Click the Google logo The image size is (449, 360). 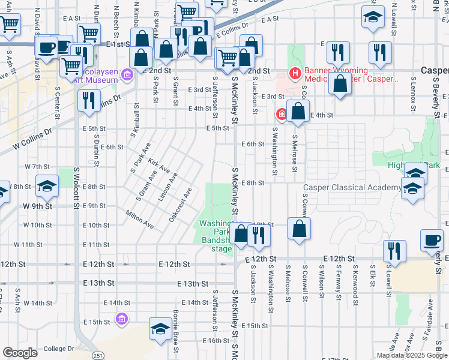click(x=20, y=353)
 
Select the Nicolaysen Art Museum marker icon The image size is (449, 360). click(x=127, y=75)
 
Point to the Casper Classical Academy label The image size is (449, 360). click(x=352, y=187)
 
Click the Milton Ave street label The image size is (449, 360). click(x=139, y=219)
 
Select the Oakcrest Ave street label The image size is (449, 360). click(x=180, y=205)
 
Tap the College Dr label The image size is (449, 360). click(x=58, y=349)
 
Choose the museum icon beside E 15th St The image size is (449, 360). click(x=122, y=318)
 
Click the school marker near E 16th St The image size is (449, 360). click(x=160, y=329)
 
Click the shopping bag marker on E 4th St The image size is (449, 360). click(x=298, y=112)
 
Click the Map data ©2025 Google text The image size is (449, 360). click(x=411, y=355)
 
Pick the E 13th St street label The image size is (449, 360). click(x=193, y=284)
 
